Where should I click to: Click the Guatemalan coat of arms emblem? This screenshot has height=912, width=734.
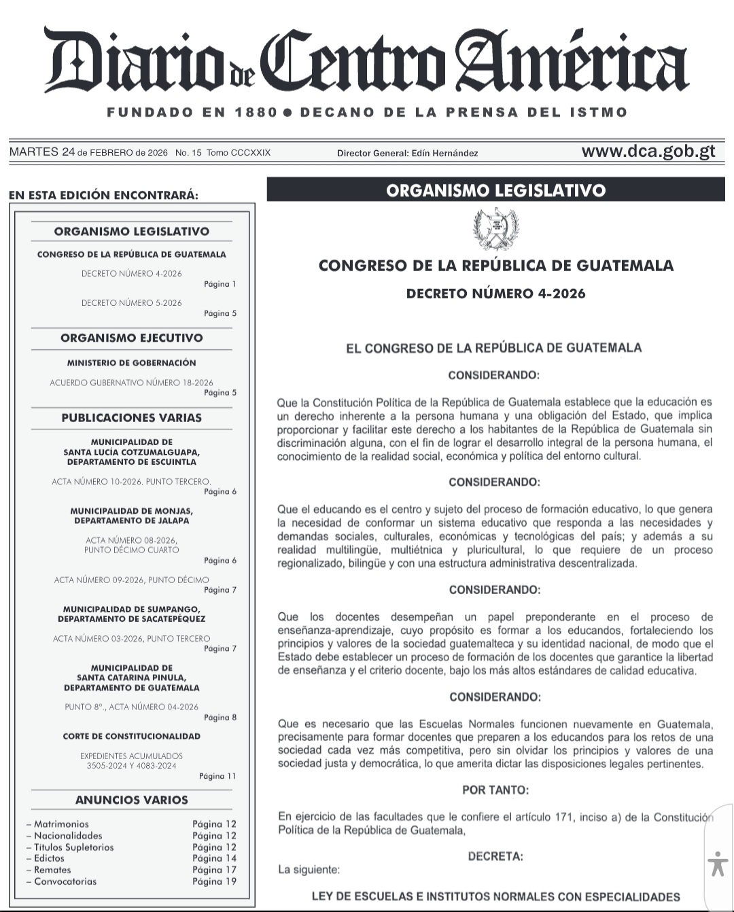495,229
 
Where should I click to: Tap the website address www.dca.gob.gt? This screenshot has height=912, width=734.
648,151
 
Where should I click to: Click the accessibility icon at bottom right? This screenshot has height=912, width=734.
717,864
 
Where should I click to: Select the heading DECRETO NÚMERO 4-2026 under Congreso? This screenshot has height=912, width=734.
495,294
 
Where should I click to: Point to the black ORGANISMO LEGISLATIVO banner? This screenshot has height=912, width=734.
495,190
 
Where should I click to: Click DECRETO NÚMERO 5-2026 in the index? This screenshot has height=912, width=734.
131,302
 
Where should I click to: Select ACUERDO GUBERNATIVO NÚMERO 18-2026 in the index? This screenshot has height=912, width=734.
131,383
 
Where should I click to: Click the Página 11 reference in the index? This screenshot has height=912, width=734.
217,775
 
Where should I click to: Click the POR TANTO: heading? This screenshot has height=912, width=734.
495,790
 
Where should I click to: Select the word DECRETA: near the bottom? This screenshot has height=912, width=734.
495,856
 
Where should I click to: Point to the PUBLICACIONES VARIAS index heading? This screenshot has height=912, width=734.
131,417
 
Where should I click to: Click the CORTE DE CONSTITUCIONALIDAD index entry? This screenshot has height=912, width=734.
131,736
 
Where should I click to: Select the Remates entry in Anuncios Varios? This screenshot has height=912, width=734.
52,870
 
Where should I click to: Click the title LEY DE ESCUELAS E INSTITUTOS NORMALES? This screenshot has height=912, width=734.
495,896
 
